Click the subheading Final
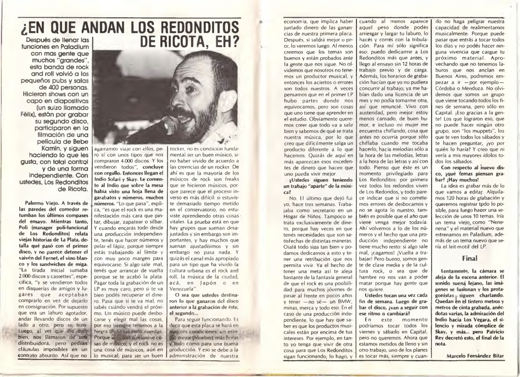click(x=469, y=257)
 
